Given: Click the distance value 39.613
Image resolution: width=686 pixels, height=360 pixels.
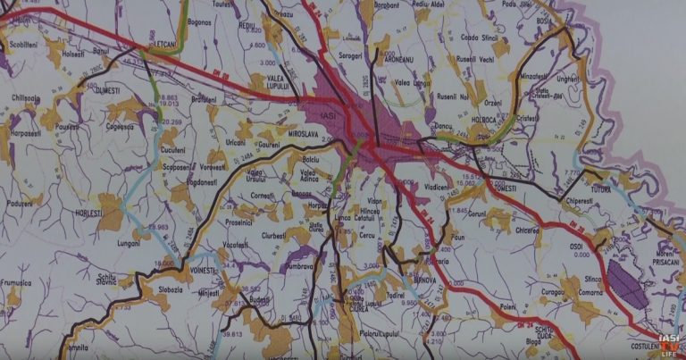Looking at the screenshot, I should pos(232,334).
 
